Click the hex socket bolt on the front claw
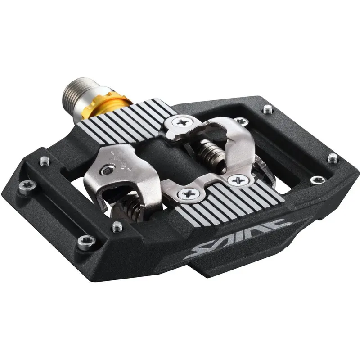[108, 170]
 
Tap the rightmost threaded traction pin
[333, 158]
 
